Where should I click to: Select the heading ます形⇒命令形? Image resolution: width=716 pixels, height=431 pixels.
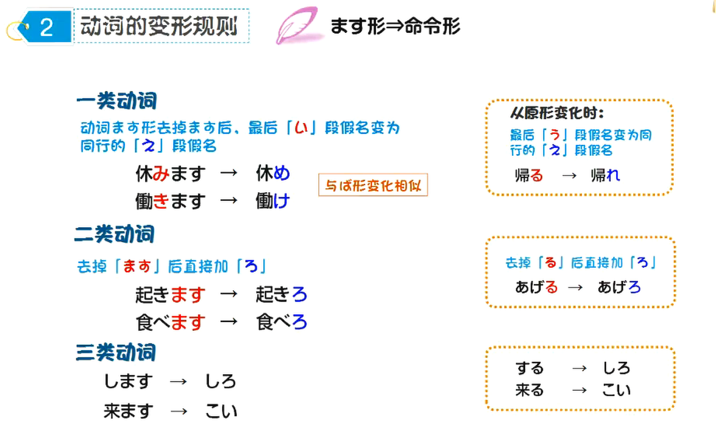pyautogui.click(x=395, y=26)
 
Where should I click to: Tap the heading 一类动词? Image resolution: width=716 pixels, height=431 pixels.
pyautogui.click(x=116, y=101)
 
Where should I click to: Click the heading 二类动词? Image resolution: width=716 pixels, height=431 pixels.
pyautogui.click(x=115, y=234)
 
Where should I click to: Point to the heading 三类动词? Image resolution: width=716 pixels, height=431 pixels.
pyautogui.click(x=116, y=353)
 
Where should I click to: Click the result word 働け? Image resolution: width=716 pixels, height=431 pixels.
pyautogui.click(x=273, y=201)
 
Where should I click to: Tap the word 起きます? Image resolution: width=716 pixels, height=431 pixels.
pyautogui.click(x=170, y=294)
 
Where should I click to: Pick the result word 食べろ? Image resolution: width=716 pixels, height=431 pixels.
pyautogui.click(x=282, y=322)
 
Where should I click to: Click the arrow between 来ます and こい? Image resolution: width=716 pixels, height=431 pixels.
pyautogui.click(x=179, y=411)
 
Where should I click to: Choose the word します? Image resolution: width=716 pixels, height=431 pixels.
pyautogui.click(x=128, y=381)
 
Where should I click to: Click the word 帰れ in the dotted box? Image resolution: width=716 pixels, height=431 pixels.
pyautogui.click(x=605, y=175)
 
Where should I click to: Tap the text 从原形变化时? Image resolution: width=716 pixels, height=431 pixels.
pyautogui.click(x=557, y=114)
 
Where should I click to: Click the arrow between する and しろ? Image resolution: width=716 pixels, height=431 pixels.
pyautogui.click(x=579, y=368)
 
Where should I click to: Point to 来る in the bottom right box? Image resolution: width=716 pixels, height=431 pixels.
pyautogui.click(x=529, y=390)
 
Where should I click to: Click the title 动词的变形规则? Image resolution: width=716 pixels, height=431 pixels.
pyautogui.click(x=159, y=26)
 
